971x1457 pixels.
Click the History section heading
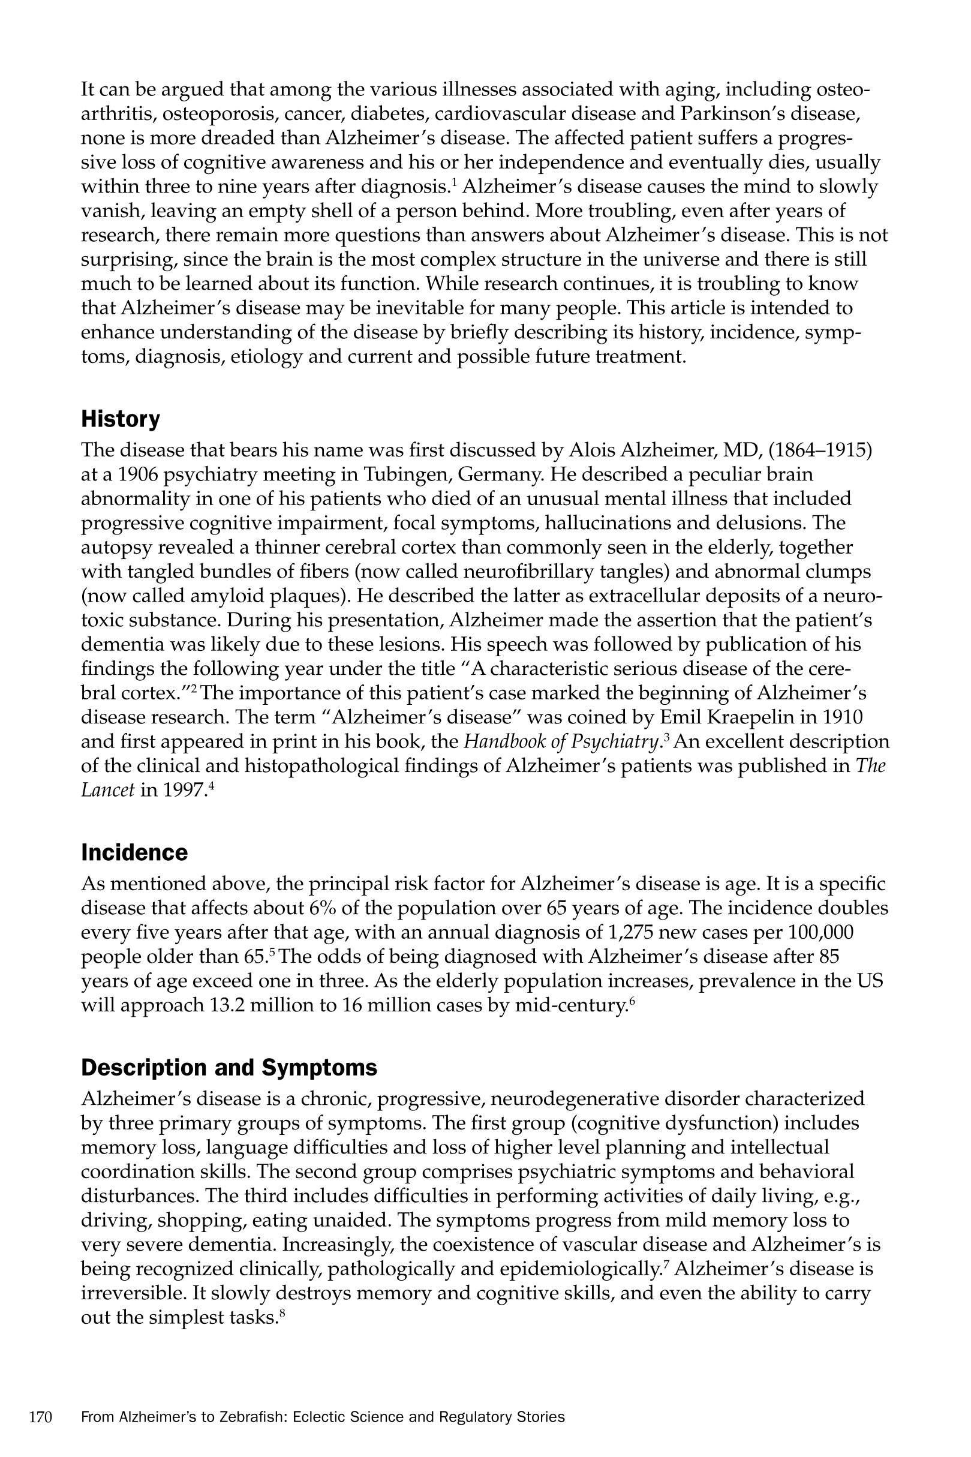[x=121, y=419]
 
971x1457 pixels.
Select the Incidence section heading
[x=134, y=852]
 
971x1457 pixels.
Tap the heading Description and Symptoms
[x=229, y=1068]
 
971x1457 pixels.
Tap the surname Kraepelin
[x=765, y=717]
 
